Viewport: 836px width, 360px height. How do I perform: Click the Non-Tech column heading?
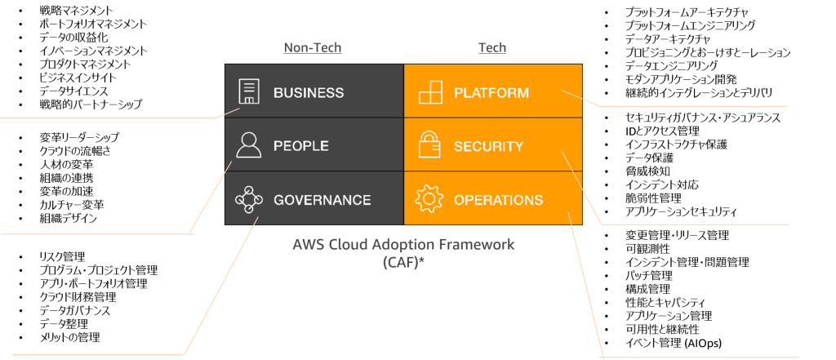click(313, 48)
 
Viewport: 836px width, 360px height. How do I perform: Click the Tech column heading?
click(492, 48)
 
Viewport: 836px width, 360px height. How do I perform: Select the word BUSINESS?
click(309, 92)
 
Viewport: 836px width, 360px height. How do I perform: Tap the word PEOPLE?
click(301, 146)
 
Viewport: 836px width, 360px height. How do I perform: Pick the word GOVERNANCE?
click(322, 200)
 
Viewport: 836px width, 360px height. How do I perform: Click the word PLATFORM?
click(491, 92)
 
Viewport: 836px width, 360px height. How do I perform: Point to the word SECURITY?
click(488, 147)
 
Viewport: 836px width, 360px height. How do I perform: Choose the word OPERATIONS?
click(498, 200)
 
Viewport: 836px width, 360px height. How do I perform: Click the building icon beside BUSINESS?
click(248, 91)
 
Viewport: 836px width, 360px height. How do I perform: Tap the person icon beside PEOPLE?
click(248, 144)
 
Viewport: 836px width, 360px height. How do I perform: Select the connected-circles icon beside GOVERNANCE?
click(248, 199)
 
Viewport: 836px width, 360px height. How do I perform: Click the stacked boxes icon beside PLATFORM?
click(430, 91)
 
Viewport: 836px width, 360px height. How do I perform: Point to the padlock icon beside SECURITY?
click(429, 144)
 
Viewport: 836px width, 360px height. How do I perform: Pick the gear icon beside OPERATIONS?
click(429, 199)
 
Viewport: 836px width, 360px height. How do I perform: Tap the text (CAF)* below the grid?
click(402, 263)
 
